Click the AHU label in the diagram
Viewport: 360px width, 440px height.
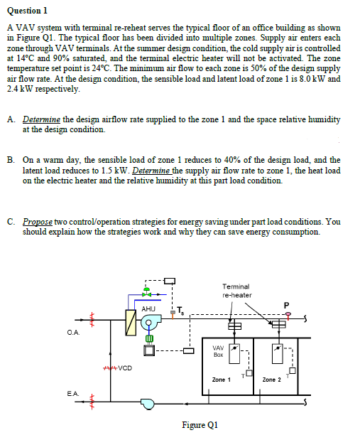coord(148,308)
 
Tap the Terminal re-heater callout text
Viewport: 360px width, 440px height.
coord(236,290)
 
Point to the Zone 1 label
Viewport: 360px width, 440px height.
coord(221,380)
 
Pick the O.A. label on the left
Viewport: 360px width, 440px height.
coord(73,331)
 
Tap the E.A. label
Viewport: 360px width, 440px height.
coord(73,392)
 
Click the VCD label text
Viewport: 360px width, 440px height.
coord(125,367)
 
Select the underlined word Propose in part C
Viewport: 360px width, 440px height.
coord(38,222)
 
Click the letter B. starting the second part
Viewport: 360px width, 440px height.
coord(12,160)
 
